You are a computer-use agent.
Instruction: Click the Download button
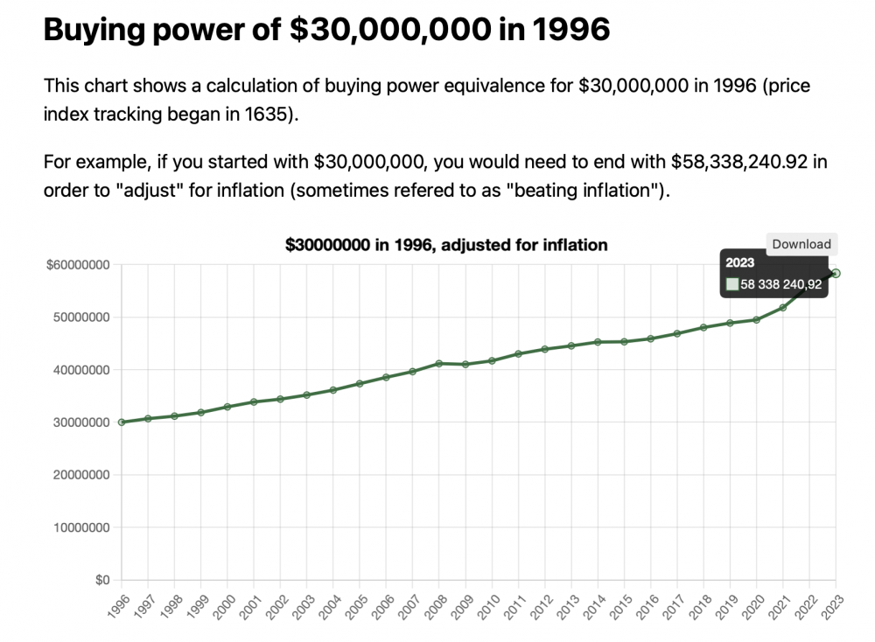[x=801, y=244]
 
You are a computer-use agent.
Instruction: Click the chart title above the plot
[x=446, y=245]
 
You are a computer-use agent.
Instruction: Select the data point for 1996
[x=122, y=422]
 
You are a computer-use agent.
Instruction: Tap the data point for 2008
[x=439, y=364]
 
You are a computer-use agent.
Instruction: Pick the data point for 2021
[x=783, y=307]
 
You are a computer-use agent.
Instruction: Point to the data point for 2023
[x=836, y=273]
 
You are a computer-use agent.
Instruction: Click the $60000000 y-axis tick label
[x=77, y=265]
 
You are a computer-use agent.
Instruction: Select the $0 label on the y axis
[x=103, y=580]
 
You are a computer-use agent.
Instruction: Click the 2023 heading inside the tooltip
[x=740, y=263]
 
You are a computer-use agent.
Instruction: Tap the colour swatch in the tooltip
[x=732, y=284]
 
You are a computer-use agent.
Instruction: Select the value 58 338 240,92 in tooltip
[x=780, y=284]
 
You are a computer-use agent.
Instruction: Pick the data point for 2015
[x=624, y=341]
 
